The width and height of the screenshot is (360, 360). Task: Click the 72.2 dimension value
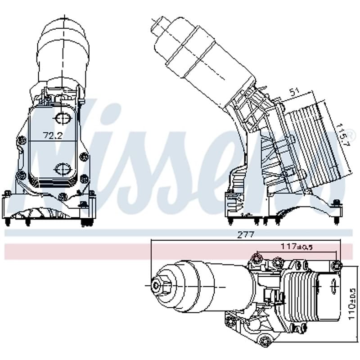click(x=53, y=136)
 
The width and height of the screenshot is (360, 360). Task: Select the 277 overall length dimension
click(x=246, y=234)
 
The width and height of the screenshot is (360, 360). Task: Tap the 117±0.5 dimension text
click(x=297, y=247)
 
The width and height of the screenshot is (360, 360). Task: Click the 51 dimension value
click(x=294, y=92)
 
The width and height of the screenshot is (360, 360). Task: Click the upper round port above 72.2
click(x=62, y=118)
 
